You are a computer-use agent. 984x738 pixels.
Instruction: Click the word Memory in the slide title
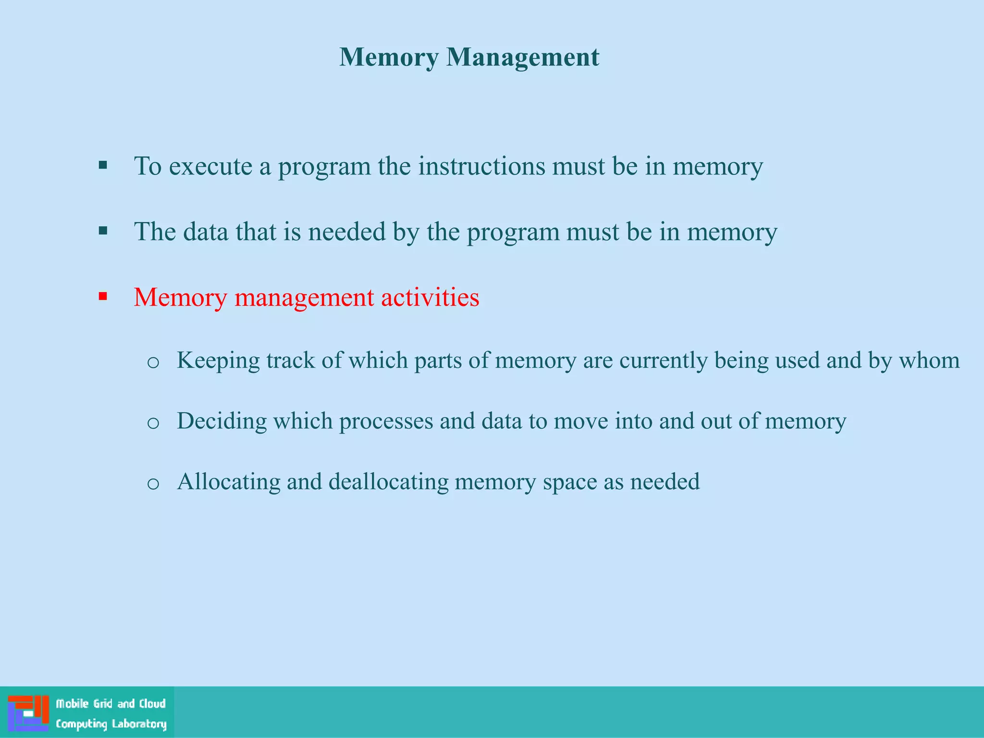coord(389,58)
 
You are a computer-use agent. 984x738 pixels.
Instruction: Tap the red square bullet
coord(103,296)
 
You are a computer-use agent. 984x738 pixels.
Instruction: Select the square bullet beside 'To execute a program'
coord(103,166)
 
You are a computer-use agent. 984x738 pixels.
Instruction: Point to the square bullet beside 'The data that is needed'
coord(103,231)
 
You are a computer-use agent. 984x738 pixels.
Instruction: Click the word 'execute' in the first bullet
coord(210,167)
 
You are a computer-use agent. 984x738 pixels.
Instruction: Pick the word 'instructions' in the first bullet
coord(481,167)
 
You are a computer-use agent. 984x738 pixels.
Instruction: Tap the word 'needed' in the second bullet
coord(347,232)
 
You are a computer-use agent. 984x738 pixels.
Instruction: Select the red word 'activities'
coord(430,297)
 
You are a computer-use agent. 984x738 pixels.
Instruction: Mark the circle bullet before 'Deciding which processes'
coord(153,423)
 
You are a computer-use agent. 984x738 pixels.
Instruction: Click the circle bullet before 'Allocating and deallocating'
coord(153,483)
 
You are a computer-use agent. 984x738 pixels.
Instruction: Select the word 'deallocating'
coord(388,482)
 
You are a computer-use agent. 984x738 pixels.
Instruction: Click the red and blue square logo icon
coord(28,713)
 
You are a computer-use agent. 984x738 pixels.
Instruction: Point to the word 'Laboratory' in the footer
coord(139,724)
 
